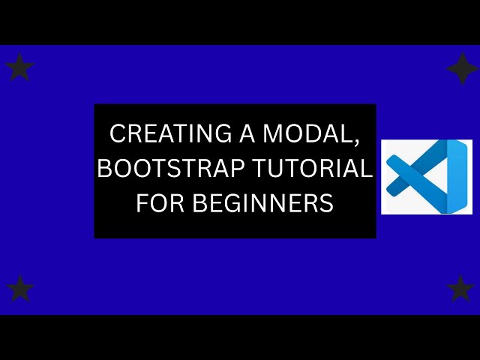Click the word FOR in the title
point(154,203)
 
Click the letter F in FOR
point(140,203)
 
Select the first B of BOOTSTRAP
point(104,169)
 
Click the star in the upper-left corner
point(19,67)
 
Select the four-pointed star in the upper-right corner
point(462,68)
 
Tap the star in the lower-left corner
point(19,289)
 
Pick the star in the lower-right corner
point(460,288)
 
